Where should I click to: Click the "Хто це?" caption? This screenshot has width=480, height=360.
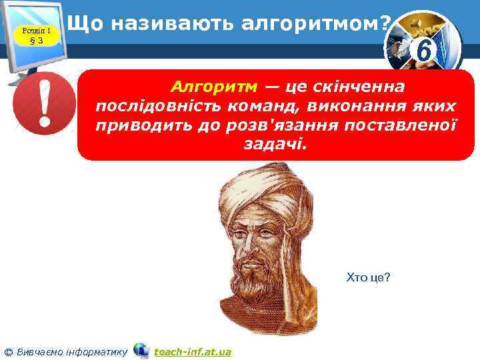[x=368, y=277]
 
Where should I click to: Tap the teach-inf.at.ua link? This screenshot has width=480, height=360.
[x=192, y=351]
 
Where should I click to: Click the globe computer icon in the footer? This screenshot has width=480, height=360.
[x=141, y=350]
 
